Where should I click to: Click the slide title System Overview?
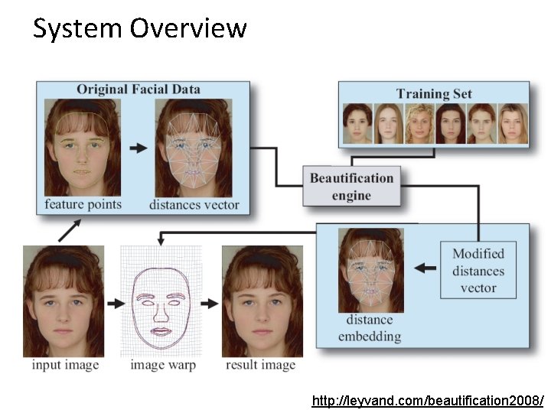pyautogui.click(x=140, y=29)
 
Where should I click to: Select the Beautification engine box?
pyautogui.click(x=351, y=187)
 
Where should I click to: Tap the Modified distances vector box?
pyautogui.click(x=478, y=271)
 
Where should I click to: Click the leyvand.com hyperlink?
pyautogui.click(x=428, y=401)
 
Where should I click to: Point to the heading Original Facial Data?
pyautogui.click(x=138, y=89)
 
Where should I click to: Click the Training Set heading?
pyautogui.click(x=434, y=94)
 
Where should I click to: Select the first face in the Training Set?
pyautogui.click(x=357, y=124)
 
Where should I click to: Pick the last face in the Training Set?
pyautogui.click(x=514, y=124)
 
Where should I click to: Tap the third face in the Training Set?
pyautogui.click(x=419, y=124)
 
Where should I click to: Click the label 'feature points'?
pyautogui.click(x=83, y=204)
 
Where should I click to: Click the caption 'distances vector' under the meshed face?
pyautogui.click(x=194, y=204)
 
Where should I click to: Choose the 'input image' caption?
pyautogui.click(x=66, y=365)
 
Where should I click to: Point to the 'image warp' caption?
pyautogui.click(x=163, y=365)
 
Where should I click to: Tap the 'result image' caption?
pyautogui.click(x=260, y=365)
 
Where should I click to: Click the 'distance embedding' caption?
pyautogui.click(x=369, y=327)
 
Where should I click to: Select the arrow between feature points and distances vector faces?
pyautogui.click(x=138, y=148)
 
